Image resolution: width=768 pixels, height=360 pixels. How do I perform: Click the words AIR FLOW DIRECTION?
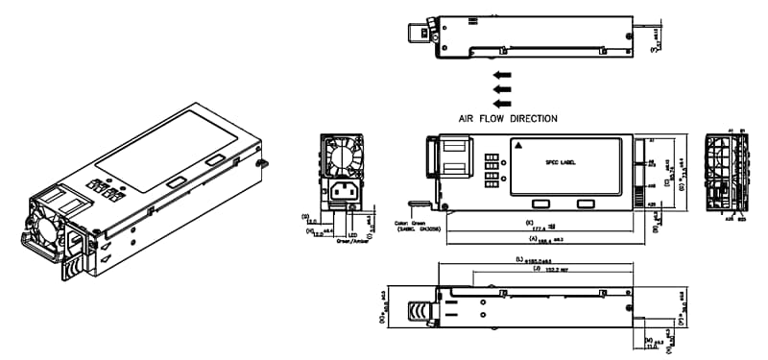click(509, 118)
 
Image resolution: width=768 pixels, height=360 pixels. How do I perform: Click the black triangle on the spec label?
click(519, 146)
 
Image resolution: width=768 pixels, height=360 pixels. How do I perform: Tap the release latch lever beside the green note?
click(417, 204)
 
